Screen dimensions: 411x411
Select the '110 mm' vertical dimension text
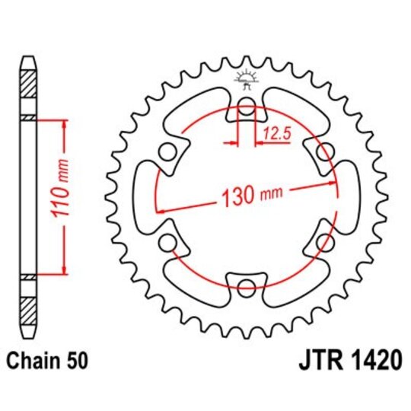point(65,196)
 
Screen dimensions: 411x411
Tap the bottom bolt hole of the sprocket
point(247,288)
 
